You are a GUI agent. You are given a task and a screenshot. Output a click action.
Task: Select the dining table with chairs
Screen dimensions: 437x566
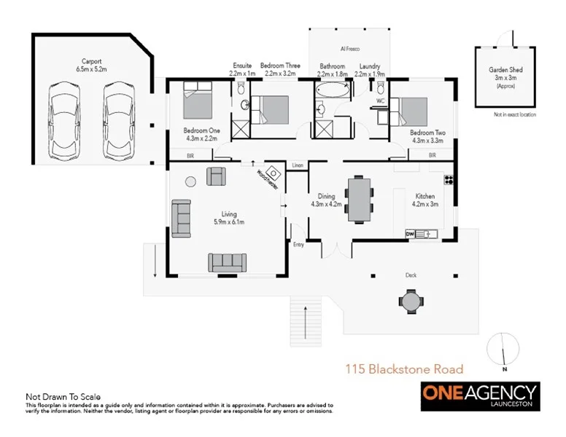click(x=359, y=198)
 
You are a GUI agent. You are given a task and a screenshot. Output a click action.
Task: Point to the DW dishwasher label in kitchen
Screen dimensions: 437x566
click(x=410, y=234)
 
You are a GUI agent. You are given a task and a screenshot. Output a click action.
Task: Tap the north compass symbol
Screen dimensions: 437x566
click(x=500, y=347)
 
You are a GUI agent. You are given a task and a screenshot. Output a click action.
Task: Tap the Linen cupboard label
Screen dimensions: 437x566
click(x=297, y=165)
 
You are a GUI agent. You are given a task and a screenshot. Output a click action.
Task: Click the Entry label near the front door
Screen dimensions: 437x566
click(x=298, y=245)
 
